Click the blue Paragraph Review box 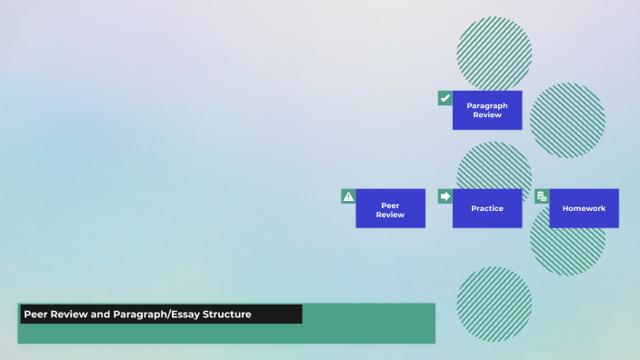(x=487, y=110)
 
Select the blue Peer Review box (x=390, y=208)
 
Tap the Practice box (x=487, y=208)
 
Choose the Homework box (x=584, y=208)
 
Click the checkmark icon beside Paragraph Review (x=445, y=98)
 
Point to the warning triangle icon (x=348, y=196)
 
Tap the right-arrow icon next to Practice (x=445, y=196)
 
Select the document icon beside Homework (x=542, y=196)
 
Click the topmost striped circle (x=494, y=50)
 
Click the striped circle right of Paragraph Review (x=567, y=121)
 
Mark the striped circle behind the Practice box (x=494, y=164)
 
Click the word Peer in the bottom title (x=35, y=315)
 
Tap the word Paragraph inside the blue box (x=487, y=105)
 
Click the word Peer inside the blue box (x=390, y=205)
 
